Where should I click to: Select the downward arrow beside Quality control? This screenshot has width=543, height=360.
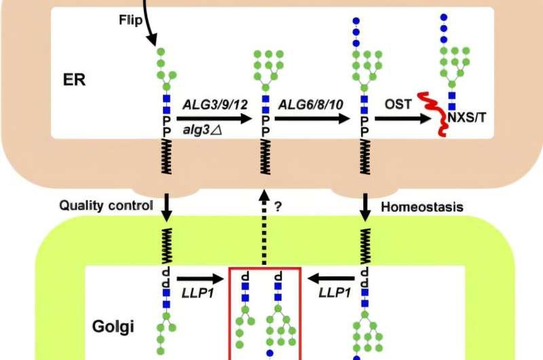tap(165, 206)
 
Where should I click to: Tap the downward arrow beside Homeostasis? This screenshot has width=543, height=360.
tap(365, 206)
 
